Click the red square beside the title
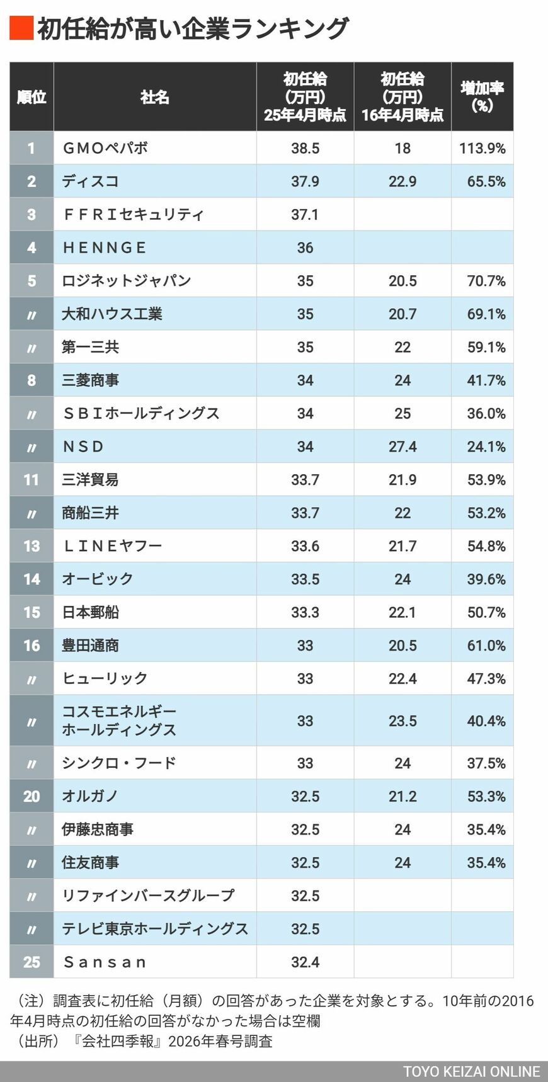[21, 28]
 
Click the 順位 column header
[31, 97]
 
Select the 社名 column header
[155, 97]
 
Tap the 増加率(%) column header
[482, 97]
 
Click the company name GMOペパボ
[105, 149]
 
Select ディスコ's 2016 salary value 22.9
[402, 181]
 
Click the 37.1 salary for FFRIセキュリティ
[305, 215]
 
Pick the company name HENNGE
[105, 248]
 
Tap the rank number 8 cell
[31, 380]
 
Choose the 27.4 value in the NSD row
[402, 447]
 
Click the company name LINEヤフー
[112, 546]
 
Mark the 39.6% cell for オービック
[486, 579]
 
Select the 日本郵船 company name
[91, 612]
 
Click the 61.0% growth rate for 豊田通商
[486, 646]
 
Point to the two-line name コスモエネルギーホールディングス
[119, 720]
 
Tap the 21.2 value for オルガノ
[402, 796]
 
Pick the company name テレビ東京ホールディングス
[155, 929]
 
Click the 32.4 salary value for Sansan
[305, 962]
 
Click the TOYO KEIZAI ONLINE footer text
[471, 1072]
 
